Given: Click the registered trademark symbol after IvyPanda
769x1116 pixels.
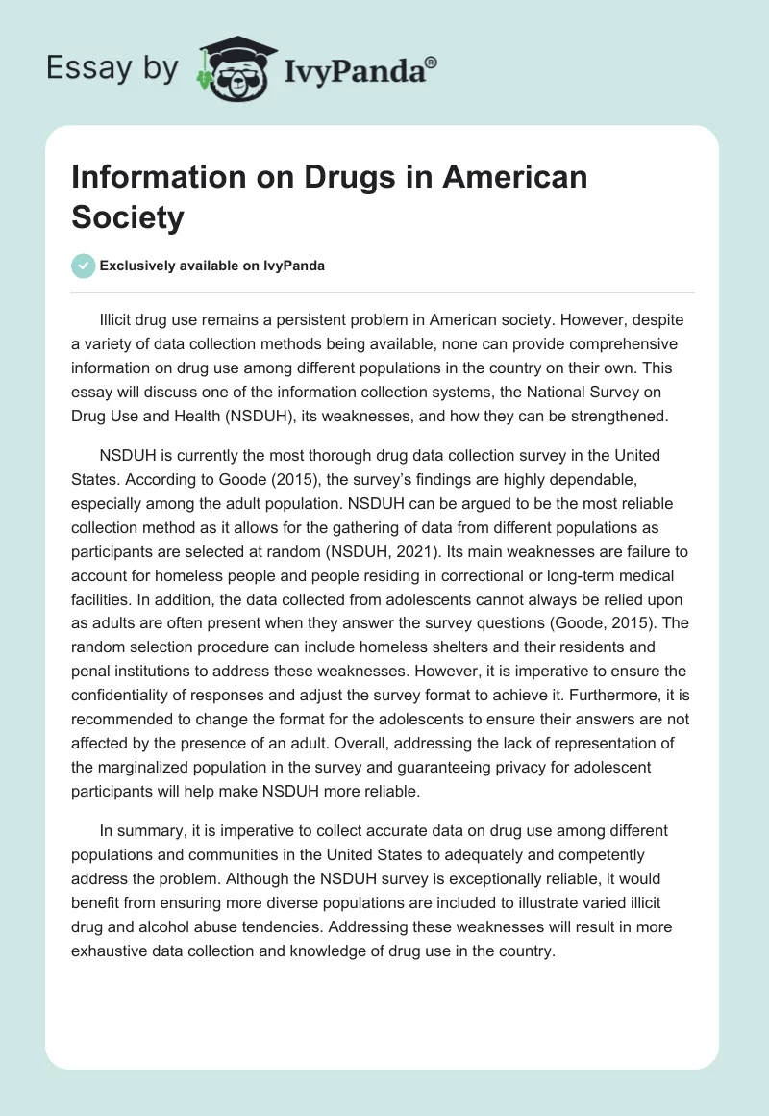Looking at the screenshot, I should point(432,62).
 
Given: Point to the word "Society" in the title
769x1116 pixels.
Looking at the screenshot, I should point(127,217).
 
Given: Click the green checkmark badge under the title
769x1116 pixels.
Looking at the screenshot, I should point(84,266).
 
